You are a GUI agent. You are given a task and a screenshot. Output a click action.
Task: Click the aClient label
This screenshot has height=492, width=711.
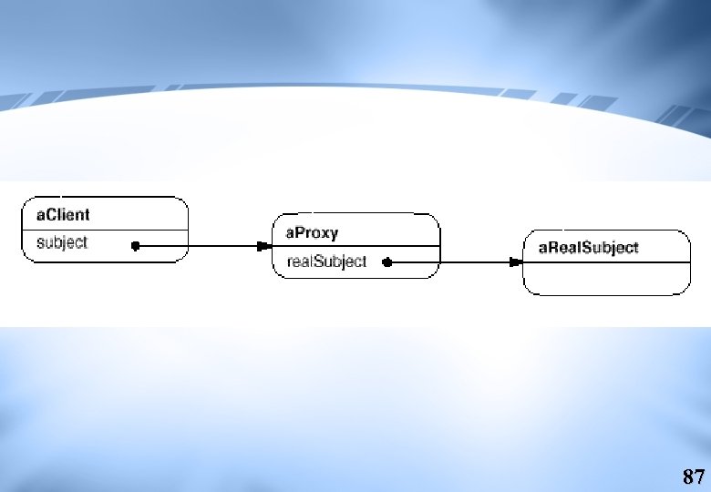click(63, 215)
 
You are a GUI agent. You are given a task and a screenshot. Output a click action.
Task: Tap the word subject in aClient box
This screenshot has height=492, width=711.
click(62, 243)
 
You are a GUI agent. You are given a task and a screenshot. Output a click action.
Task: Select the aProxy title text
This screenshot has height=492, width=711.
click(312, 233)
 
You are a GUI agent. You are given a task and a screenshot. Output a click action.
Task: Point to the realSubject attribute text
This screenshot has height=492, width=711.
click(326, 261)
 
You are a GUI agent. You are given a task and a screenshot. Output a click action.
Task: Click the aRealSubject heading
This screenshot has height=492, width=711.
click(589, 248)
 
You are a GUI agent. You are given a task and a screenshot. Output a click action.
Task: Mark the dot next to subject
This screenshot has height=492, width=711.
click(135, 246)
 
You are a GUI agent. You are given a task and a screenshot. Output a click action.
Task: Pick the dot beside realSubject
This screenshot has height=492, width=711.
click(386, 262)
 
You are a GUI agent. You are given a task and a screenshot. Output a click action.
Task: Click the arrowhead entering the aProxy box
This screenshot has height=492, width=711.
click(264, 246)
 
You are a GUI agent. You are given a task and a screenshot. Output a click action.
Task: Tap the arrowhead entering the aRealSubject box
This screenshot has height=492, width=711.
click(516, 262)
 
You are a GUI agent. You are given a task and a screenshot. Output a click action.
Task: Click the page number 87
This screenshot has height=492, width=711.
click(694, 477)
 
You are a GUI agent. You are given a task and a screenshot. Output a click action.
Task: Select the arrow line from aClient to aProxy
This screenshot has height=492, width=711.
click(203, 246)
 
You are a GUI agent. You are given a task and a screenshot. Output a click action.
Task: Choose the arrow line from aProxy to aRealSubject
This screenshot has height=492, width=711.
click(455, 262)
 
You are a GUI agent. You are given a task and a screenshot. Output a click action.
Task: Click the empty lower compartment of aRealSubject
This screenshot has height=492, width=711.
click(607, 279)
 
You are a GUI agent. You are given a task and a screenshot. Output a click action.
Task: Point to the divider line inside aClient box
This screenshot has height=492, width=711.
click(105, 231)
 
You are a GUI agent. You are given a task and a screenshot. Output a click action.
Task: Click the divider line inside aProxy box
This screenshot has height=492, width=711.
click(355, 246)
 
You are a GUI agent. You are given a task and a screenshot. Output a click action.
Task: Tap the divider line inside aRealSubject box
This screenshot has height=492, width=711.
click(607, 262)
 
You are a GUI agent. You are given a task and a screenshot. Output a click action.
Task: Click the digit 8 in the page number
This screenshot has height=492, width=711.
click(688, 477)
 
